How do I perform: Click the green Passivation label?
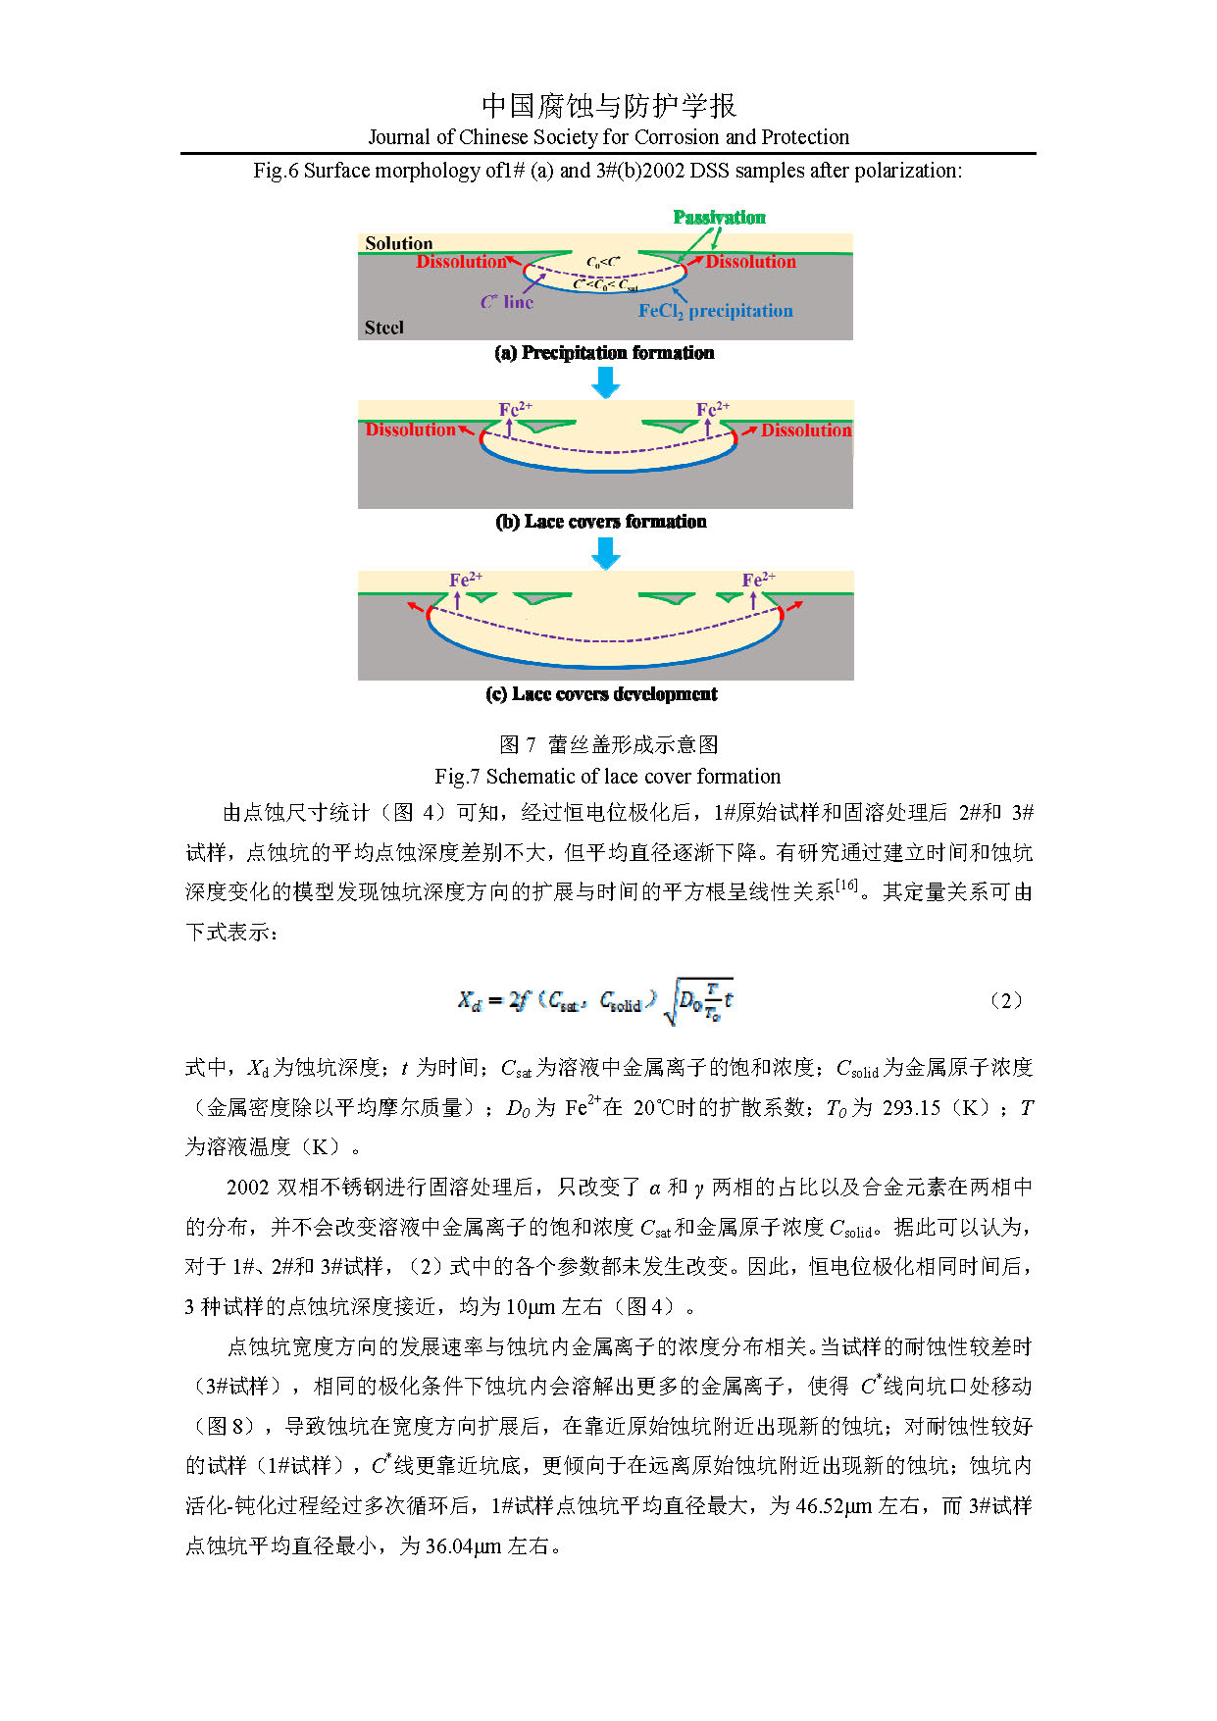[719, 217]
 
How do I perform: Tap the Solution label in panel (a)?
[398, 243]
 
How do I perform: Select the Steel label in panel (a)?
[383, 328]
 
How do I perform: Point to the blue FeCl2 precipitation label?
[715, 311]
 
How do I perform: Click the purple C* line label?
[506, 302]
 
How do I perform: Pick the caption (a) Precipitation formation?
[604, 353]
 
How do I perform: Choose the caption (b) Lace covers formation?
[601, 522]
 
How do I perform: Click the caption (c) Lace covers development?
[601, 694]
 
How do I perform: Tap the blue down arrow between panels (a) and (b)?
[606, 381]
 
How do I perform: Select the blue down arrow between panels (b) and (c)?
[606, 553]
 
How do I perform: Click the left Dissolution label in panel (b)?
[410, 430]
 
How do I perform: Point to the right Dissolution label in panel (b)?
[805, 430]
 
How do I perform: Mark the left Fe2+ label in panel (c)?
[465, 580]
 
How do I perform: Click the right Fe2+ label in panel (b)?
[712, 408]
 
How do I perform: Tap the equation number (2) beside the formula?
[1005, 1000]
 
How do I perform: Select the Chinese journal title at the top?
[608, 106]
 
